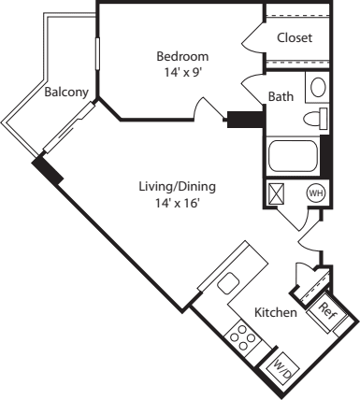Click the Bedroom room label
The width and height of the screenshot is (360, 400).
coord(181,56)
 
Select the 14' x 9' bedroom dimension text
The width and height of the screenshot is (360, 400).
coord(181,71)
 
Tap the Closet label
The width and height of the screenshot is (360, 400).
coord(295,38)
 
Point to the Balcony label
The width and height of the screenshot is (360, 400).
coord(65,93)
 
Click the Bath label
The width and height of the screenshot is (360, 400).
coord(281,96)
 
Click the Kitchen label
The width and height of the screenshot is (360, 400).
coord(276,312)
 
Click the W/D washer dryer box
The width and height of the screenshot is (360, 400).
coord(281,371)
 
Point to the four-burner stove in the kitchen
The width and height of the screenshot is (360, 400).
coord(245,336)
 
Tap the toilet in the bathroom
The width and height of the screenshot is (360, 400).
coord(316,119)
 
